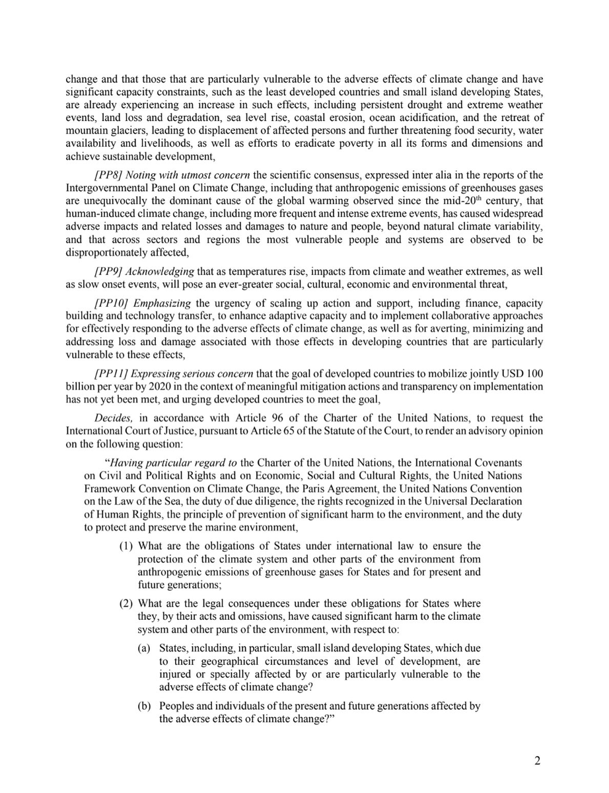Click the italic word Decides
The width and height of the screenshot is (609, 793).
tap(112, 418)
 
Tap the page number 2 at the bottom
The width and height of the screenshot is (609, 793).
tap(537, 760)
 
